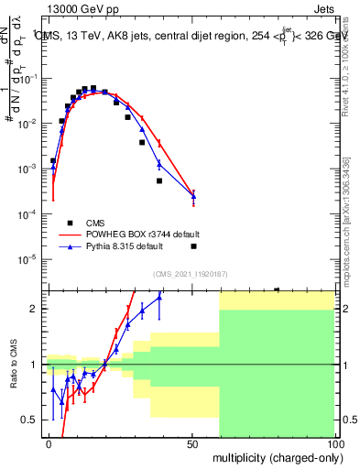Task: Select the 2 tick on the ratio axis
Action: coord(38,309)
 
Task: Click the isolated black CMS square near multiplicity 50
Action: coord(193,246)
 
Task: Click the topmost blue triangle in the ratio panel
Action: coord(159,297)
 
